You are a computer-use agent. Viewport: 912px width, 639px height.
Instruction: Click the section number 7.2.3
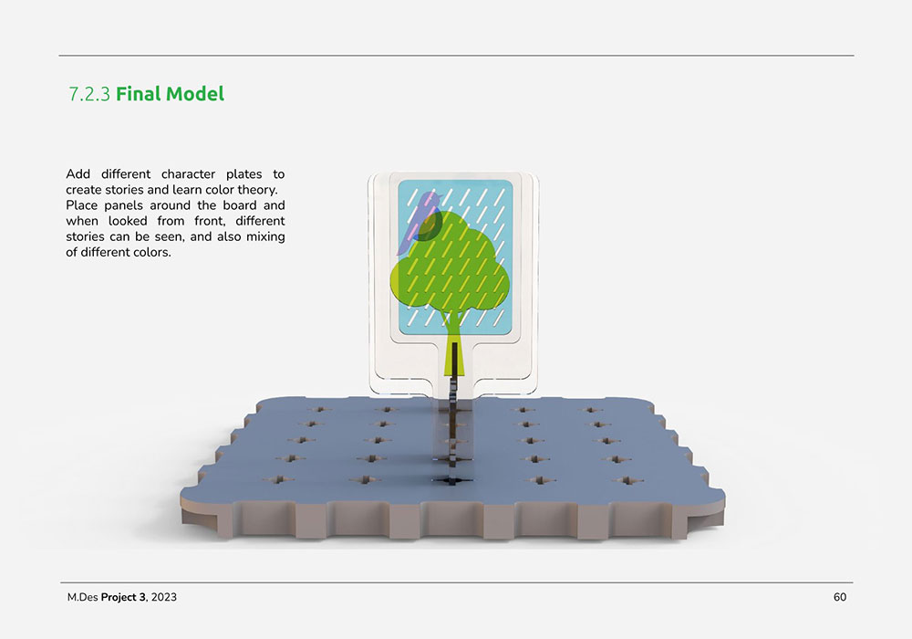pyautogui.click(x=89, y=94)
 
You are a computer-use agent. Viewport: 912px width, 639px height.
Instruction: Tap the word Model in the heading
pyautogui.click(x=193, y=94)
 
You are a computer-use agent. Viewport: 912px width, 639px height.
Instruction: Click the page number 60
pyautogui.click(x=839, y=597)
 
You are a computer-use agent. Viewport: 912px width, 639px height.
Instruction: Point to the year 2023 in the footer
pyautogui.click(x=164, y=597)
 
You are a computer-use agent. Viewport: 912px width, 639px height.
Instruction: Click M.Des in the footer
pyautogui.click(x=82, y=597)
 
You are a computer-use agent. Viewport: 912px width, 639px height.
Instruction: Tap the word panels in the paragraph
pyautogui.click(x=123, y=205)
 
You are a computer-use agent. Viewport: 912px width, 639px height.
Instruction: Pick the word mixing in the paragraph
pyautogui.click(x=264, y=236)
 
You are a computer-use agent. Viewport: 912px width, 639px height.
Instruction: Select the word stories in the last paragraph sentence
pyautogui.click(x=86, y=236)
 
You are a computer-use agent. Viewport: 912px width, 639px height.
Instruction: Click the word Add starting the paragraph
pyautogui.click(x=78, y=174)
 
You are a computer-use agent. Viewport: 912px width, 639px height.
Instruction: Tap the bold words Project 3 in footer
pyautogui.click(x=123, y=597)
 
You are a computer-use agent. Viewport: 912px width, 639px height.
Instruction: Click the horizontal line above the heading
pyautogui.click(x=456, y=56)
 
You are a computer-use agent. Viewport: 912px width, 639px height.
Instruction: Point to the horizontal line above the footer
pyautogui.click(x=456, y=582)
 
